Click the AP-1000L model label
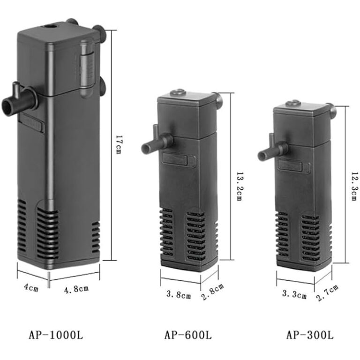coord(56,335)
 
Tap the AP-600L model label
coord(188,335)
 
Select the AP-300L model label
coord(310,335)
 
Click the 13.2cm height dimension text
coord(240,186)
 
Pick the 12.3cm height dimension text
coord(355,186)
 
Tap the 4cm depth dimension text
coord(31,287)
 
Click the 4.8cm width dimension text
coord(76,289)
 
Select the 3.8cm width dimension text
coord(179,294)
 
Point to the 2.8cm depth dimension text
coord(213,292)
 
